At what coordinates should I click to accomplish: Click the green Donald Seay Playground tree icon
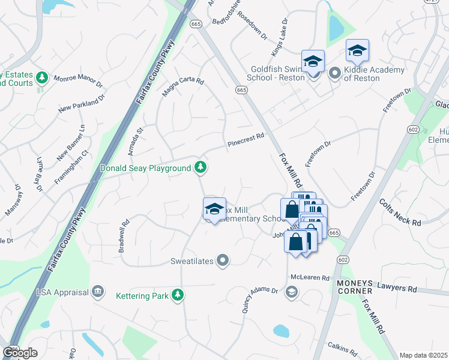click(x=201, y=168)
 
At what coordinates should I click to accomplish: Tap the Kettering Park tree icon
click(x=177, y=295)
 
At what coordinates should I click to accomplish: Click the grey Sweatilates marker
click(x=223, y=260)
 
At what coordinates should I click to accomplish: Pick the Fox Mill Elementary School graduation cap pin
click(x=214, y=209)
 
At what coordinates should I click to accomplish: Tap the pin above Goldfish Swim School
click(x=313, y=62)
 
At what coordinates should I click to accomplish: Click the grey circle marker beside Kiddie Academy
click(x=335, y=73)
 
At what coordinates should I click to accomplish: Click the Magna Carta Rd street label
click(x=183, y=87)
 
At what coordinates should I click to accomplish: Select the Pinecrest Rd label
click(x=246, y=141)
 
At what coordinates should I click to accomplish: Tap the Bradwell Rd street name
click(x=124, y=238)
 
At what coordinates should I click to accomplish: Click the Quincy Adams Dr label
click(x=260, y=300)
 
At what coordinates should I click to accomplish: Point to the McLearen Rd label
click(x=310, y=278)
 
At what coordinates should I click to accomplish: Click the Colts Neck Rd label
click(x=400, y=213)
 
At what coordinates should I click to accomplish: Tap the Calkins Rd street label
click(x=343, y=346)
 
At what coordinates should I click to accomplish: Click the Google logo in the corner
click(x=20, y=352)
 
